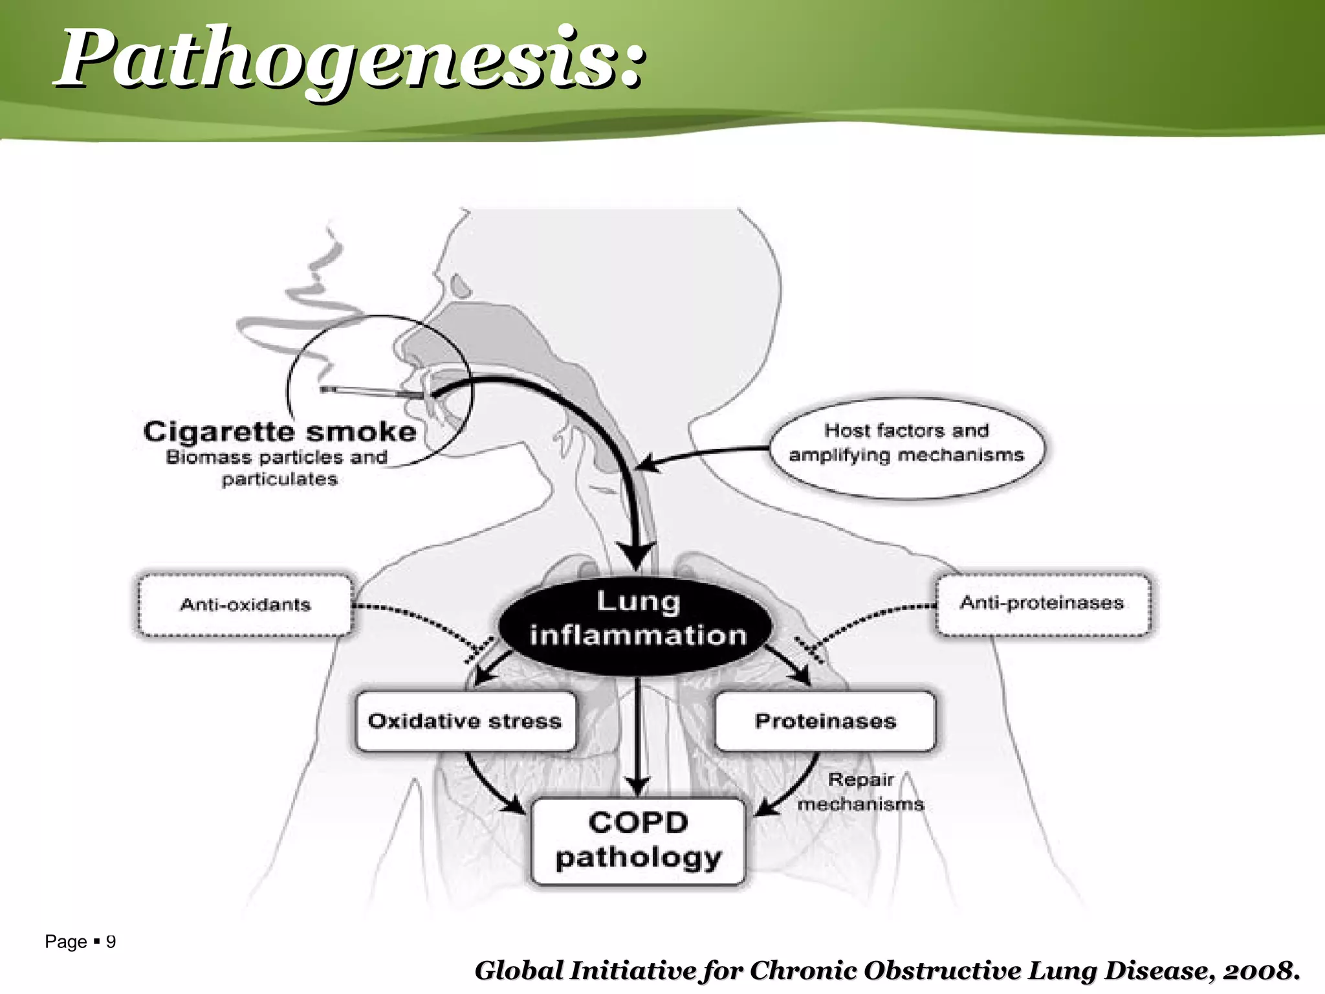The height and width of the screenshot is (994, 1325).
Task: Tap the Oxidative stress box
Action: click(465, 721)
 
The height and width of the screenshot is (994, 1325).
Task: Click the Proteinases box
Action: click(825, 721)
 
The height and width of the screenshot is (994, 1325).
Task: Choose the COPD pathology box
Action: click(638, 840)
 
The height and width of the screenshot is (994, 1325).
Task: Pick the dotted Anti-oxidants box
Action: click(245, 604)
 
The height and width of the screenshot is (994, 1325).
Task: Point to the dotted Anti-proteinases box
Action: click(1042, 603)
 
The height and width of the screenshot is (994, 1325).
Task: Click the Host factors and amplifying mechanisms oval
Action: click(906, 443)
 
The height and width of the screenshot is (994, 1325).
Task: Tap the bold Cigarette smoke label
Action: click(279, 432)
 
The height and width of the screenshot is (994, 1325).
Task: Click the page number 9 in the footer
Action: click(111, 942)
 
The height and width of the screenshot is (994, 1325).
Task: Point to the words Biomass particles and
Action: click(277, 457)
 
